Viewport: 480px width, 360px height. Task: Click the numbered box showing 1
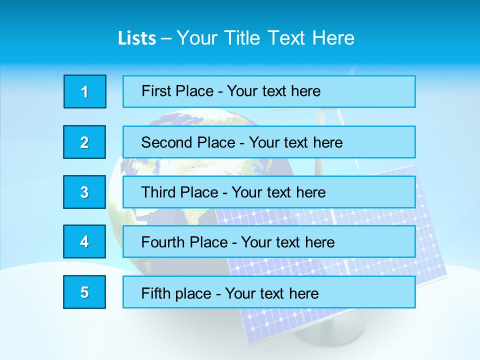85,91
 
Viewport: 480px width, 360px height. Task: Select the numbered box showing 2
84,142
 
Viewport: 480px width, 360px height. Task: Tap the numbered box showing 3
84,192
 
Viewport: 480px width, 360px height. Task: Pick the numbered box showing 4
84,242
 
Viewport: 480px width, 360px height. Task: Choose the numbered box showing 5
84,292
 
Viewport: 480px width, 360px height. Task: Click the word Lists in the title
137,38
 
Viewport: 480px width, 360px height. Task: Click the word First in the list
156,91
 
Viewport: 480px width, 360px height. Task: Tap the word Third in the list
159,192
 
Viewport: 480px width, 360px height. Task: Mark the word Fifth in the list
156,293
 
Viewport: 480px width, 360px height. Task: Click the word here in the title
333,38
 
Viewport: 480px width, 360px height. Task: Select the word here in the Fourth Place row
319,242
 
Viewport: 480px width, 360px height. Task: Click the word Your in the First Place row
242,91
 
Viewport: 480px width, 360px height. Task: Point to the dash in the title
166,38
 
